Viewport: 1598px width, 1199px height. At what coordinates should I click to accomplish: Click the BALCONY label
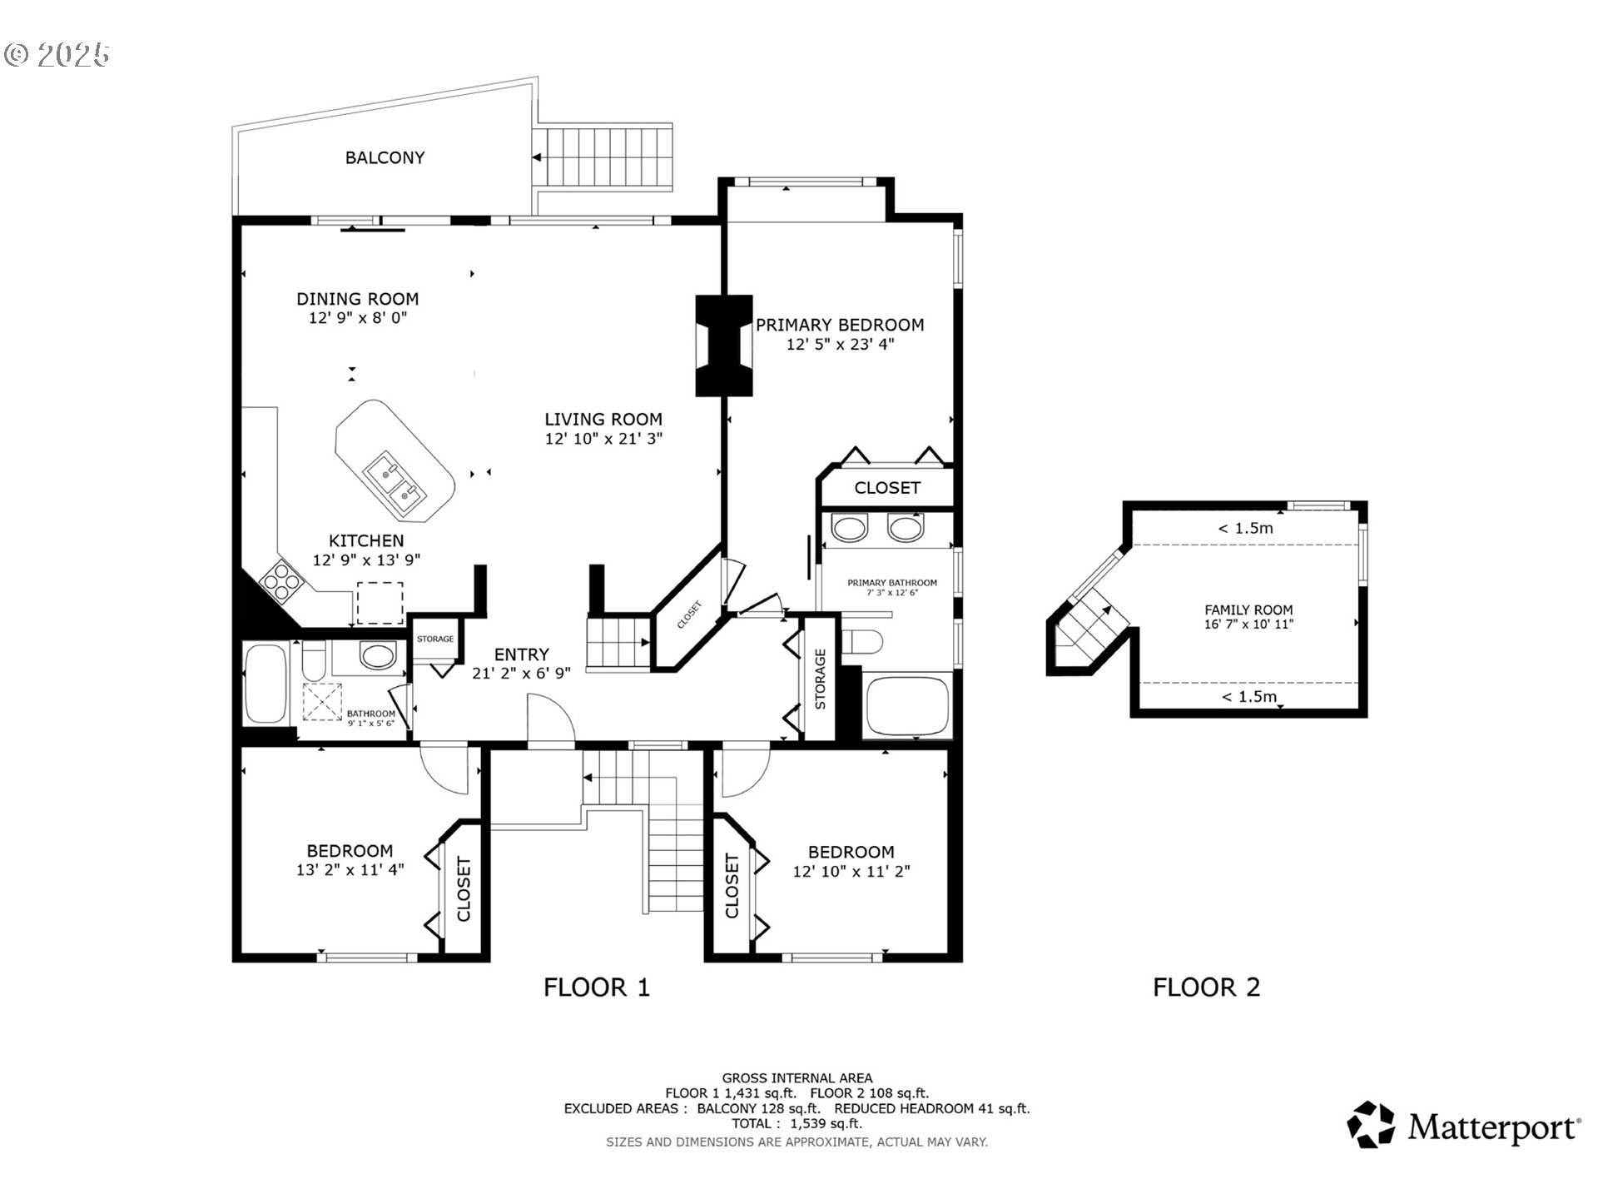click(x=385, y=157)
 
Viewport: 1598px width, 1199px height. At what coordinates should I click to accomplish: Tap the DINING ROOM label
click(x=358, y=299)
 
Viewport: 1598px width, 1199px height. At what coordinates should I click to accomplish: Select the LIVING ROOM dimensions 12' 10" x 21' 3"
click(x=603, y=439)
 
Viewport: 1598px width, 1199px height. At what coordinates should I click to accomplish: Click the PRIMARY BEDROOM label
click(x=840, y=325)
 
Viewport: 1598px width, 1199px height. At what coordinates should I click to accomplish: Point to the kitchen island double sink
click(x=395, y=483)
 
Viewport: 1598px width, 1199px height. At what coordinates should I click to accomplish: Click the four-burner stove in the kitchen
click(x=281, y=580)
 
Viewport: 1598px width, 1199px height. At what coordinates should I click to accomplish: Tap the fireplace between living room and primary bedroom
click(x=723, y=346)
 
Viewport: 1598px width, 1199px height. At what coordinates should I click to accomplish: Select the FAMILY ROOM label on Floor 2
click(x=1248, y=609)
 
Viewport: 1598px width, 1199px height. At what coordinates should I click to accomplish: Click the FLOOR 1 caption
click(x=597, y=988)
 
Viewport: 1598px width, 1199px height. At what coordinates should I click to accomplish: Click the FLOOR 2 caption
click(x=1207, y=988)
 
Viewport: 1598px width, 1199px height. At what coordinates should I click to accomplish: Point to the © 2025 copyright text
click(x=57, y=55)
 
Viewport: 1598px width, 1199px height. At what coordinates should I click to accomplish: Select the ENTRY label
click(x=522, y=654)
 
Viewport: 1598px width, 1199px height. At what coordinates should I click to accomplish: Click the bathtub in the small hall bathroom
click(x=266, y=684)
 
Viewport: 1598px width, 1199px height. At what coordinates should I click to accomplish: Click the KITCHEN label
click(x=366, y=541)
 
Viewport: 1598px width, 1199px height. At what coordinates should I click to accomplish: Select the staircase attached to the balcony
click(x=603, y=157)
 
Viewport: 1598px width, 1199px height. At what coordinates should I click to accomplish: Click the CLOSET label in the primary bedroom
click(x=887, y=488)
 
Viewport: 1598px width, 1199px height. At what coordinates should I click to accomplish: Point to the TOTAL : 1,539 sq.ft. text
click(x=797, y=1124)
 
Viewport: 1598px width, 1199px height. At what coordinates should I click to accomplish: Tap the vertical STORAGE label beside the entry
click(x=821, y=679)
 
